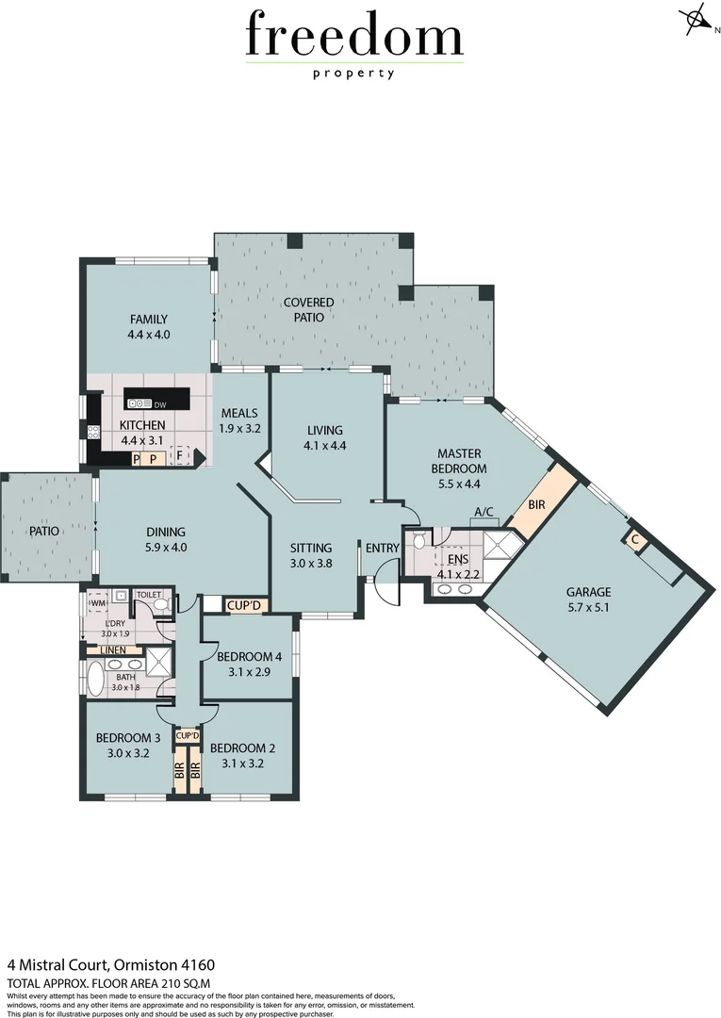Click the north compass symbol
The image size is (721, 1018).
click(x=696, y=20)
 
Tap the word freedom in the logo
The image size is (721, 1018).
click(x=353, y=38)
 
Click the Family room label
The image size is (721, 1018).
click(x=149, y=319)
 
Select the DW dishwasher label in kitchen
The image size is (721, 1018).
click(x=159, y=405)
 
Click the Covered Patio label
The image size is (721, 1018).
click(x=309, y=303)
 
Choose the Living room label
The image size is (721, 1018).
click(x=325, y=431)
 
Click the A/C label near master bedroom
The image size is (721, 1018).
click(x=484, y=512)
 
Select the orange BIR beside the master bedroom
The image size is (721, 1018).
click(x=536, y=505)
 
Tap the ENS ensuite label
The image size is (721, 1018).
click(x=458, y=559)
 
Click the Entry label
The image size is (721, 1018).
click(x=383, y=548)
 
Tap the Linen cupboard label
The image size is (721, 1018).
click(x=114, y=650)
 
